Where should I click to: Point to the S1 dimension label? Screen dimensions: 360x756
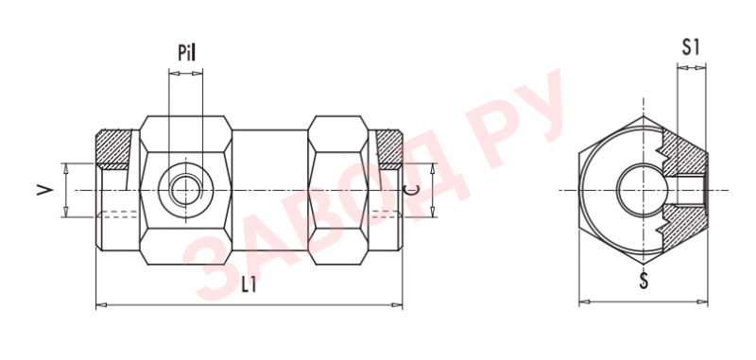coord(692,47)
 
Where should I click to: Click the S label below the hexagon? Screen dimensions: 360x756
coord(644,281)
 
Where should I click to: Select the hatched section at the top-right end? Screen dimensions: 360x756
coord(387,146)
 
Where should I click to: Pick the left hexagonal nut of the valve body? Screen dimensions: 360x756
coord(185,189)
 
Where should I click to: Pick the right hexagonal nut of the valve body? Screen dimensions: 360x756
coord(338,189)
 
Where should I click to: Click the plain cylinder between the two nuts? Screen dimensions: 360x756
coord(269,189)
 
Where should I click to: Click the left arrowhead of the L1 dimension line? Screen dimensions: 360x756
coord(101,304)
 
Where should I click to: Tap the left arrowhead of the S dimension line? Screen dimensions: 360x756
coord(582,303)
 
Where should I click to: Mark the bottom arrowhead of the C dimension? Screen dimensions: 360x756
coord(433,214)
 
